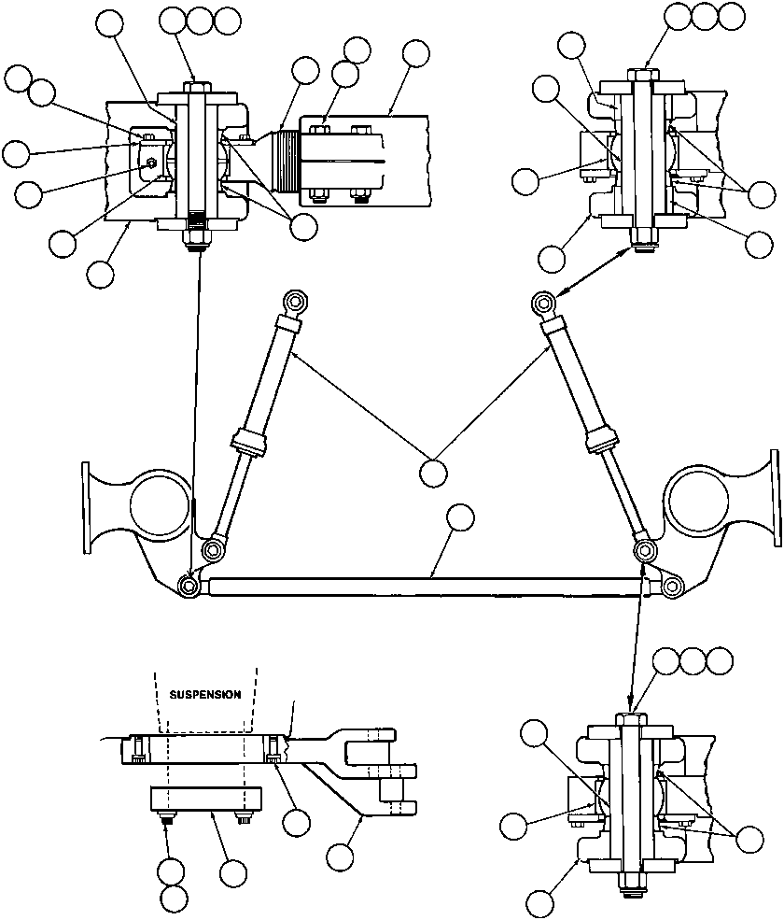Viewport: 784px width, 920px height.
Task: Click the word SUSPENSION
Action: coord(204,695)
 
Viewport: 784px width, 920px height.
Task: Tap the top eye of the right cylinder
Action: coord(543,302)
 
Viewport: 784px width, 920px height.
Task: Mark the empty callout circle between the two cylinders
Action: coord(433,472)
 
